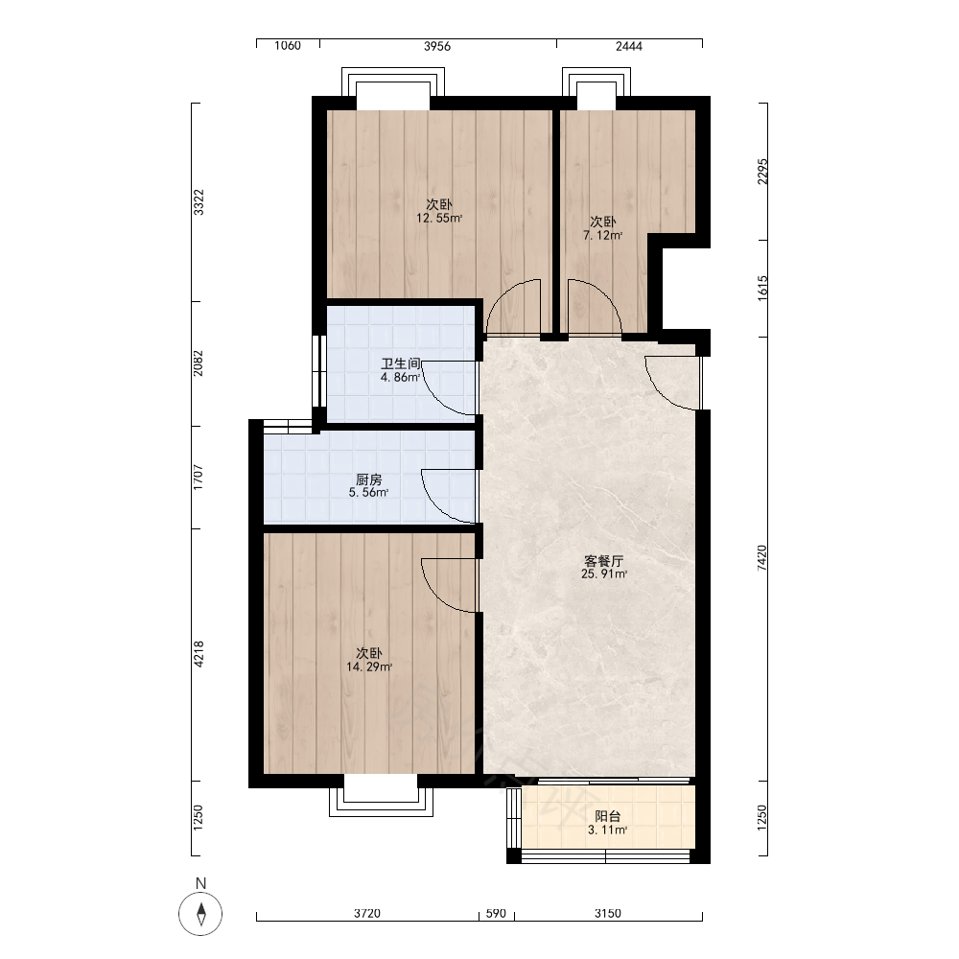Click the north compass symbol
click(200, 914)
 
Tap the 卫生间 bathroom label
click(401, 363)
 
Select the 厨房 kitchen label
click(369, 479)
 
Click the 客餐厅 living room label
click(603, 561)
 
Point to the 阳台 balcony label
click(608, 816)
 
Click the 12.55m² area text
click(439, 219)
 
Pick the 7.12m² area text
click(603, 236)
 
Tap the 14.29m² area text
click(369, 667)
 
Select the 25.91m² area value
click(604, 574)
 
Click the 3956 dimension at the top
click(437, 46)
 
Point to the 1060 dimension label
click(288, 46)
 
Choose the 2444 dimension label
click(629, 46)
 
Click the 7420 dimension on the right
click(762, 558)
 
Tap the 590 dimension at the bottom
click(496, 913)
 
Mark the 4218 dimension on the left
click(199, 654)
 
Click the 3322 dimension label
click(199, 202)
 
